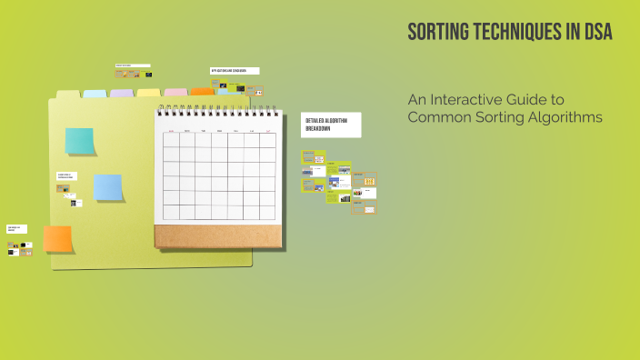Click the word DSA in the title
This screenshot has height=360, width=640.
[596, 33]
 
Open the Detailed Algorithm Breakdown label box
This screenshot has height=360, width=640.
[331, 125]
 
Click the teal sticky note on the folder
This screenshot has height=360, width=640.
[80, 141]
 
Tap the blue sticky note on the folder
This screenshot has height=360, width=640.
[108, 187]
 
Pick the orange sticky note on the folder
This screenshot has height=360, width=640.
[57, 238]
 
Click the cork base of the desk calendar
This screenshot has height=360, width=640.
[218, 235]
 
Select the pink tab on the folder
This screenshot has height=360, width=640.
[175, 92]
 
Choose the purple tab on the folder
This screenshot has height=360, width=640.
[122, 93]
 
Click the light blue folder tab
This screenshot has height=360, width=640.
[95, 93]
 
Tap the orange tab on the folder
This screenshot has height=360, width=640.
[201, 91]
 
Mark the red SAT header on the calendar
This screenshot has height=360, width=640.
[268, 131]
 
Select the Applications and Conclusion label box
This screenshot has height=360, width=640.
[235, 70]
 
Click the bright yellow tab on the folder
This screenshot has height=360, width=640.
[148, 92]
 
